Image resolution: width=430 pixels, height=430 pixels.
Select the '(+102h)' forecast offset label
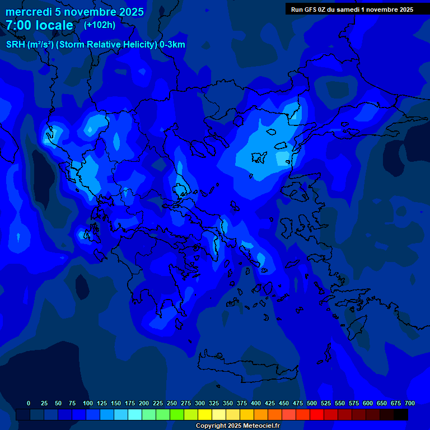click(100, 25)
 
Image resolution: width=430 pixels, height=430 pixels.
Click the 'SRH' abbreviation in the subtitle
click(16, 45)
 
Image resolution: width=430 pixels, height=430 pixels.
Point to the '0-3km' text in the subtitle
click(172, 45)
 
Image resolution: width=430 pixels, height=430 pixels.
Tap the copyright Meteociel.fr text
click(237, 426)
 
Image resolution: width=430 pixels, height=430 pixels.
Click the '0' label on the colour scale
click(29, 403)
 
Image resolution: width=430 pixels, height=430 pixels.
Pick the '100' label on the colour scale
click(87, 403)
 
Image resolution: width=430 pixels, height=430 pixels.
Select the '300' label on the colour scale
click(199, 403)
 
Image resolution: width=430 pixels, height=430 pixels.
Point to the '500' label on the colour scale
click(311, 403)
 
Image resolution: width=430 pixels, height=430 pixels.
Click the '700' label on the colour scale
click(409, 403)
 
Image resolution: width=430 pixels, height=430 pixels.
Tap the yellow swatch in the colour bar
click(205, 415)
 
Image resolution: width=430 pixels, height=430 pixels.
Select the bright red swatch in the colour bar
click(317, 415)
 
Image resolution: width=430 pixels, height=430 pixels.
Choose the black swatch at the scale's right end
click(401, 415)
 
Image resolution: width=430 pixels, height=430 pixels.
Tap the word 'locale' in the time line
click(54, 26)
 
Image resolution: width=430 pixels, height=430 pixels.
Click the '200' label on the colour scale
click(143, 403)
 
